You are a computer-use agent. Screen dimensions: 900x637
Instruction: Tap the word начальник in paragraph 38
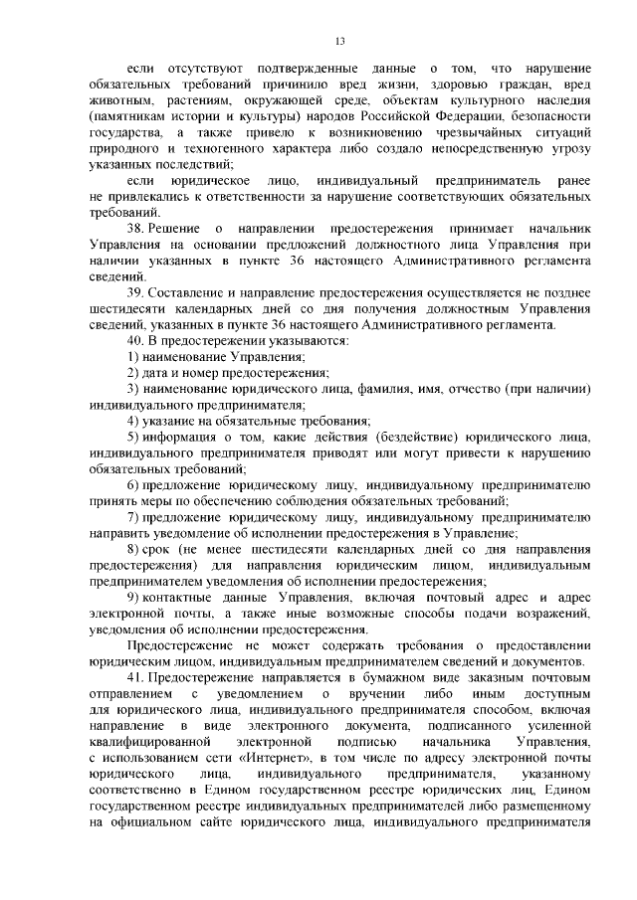[x=546, y=229]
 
